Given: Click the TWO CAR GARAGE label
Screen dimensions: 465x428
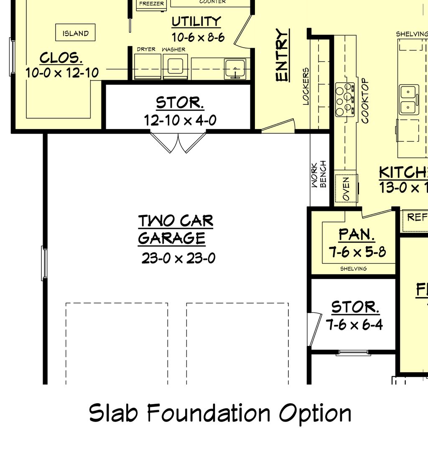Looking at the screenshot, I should pyautogui.click(x=175, y=229).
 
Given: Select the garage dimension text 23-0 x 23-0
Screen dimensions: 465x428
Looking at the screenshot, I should pyautogui.click(x=178, y=258).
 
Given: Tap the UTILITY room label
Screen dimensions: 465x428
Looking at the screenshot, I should pyautogui.click(x=196, y=22).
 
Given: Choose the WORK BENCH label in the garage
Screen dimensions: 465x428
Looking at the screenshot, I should pyautogui.click(x=318, y=174).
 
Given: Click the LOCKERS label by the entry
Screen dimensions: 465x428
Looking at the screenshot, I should pyautogui.click(x=306, y=86).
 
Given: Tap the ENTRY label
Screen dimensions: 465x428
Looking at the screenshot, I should pyautogui.click(x=283, y=55).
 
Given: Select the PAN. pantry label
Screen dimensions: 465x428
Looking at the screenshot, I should pyautogui.click(x=357, y=235).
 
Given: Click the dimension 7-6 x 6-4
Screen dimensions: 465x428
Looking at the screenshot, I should pyautogui.click(x=354, y=325).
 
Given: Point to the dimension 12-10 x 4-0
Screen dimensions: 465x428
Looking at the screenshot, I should pyautogui.click(x=180, y=120).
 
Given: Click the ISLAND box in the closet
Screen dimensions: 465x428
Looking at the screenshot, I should pyautogui.click(x=75, y=33).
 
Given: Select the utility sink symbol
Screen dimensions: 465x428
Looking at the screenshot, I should pyautogui.click(x=235, y=69).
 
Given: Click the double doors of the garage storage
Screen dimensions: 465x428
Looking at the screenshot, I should pyautogui.click(x=178, y=142).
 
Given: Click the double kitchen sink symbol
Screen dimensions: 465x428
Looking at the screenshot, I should pyautogui.click(x=409, y=99).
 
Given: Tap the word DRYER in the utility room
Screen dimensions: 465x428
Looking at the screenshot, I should pyautogui.click(x=146, y=49).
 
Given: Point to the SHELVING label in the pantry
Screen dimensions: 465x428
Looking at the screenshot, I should pyautogui.click(x=353, y=269).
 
